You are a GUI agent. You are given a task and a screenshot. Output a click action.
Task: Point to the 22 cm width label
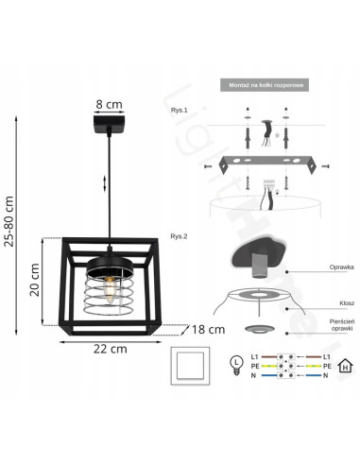click(111, 350)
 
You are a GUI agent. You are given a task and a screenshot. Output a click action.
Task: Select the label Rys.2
click(180, 237)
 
